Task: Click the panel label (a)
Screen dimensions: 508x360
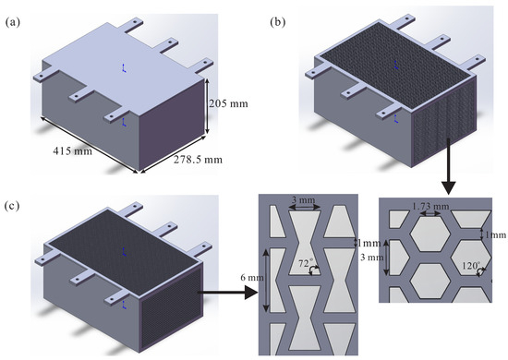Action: pyautogui.click(x=13, y=22)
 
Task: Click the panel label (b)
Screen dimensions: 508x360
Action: pyautogui.click(x=278, y=22)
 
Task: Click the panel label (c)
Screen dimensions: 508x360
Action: pyautogui.click(x=13, y=206)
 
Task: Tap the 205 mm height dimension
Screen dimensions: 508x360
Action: pyautogui.click(x=228, y=103)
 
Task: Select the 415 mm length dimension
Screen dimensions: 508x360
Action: pyautogui.click(x=72, y=150)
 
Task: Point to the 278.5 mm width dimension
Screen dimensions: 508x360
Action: pyautogui.click(x=198, y=160)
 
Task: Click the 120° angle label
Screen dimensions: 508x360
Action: pyautogui.click(x=471, y=266)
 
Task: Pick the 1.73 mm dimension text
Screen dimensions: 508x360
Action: pyautogui.click(x=430, y=206)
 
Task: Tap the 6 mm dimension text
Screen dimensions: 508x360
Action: pyautogui.click(x=252, y=278)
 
